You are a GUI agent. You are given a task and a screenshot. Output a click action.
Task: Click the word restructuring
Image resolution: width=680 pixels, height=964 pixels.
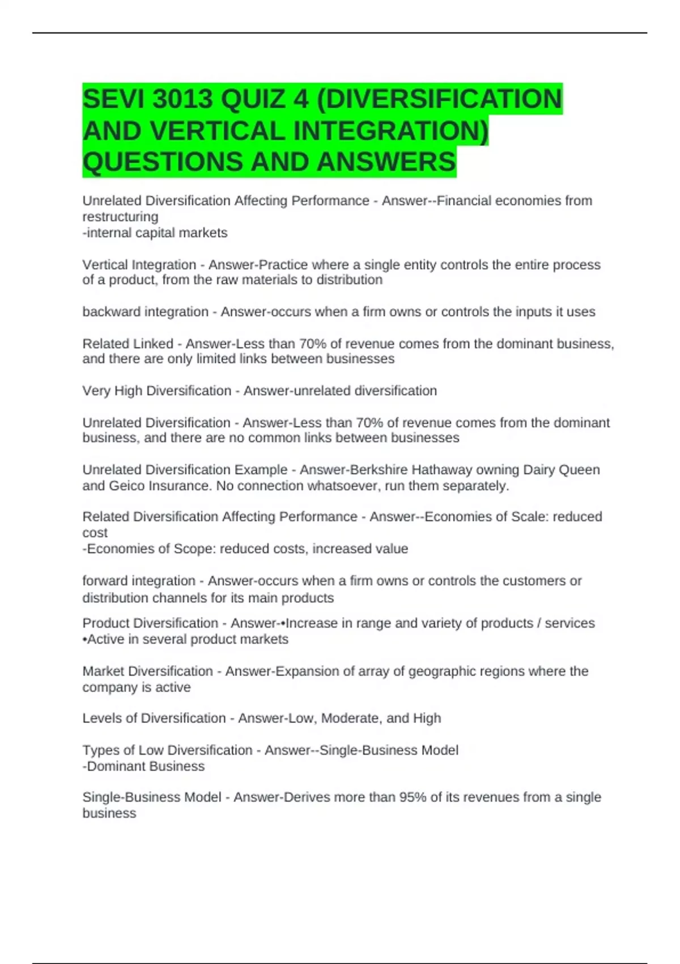120,217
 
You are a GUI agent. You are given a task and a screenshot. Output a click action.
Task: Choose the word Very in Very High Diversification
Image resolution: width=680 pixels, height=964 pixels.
96,391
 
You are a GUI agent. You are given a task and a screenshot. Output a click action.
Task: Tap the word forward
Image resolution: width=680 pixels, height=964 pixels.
105,581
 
